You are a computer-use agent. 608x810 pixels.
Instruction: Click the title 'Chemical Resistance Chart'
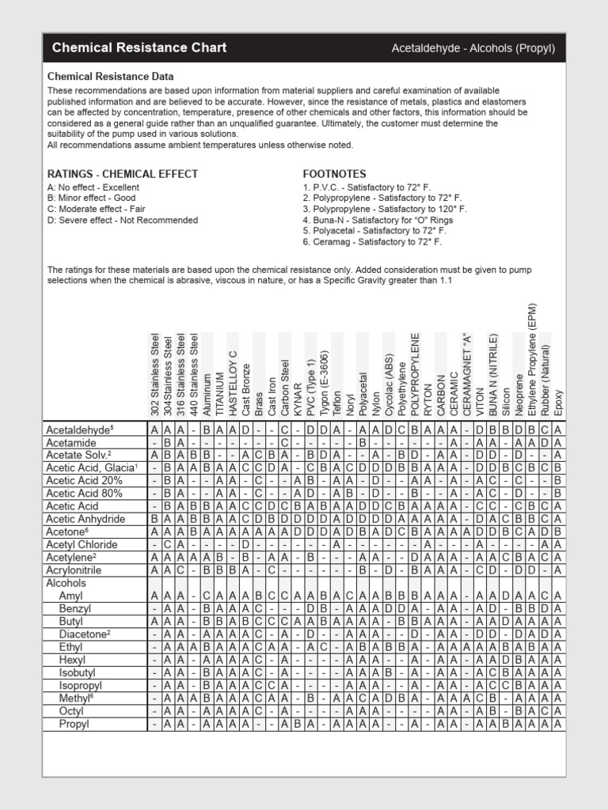139,47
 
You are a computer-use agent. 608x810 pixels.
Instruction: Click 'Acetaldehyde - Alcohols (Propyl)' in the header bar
473,48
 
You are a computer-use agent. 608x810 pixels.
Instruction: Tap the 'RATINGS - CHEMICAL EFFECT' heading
123,174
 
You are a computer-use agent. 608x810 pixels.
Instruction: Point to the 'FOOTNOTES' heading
334,174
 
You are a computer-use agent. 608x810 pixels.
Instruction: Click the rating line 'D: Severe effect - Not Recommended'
123,220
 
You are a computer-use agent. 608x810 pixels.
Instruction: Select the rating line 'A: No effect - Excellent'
93,187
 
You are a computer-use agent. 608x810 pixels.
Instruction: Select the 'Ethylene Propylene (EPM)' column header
532,359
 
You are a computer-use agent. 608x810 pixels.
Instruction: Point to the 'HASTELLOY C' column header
233,382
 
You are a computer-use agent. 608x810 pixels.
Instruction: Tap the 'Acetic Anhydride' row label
85,519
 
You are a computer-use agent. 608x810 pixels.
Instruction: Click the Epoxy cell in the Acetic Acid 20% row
558,481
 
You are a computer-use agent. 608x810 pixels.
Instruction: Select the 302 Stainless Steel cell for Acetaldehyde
155,430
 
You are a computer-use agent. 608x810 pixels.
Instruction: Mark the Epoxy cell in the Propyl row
558,724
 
